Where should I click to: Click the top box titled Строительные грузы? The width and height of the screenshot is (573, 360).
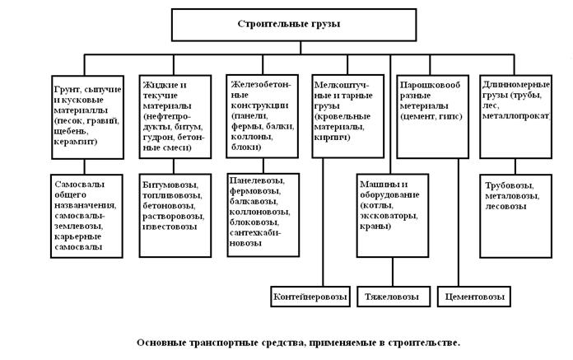[294, 25]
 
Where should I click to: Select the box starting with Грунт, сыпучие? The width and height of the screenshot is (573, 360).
[88, 117]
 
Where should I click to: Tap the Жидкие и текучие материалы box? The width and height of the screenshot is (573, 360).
[175, 117]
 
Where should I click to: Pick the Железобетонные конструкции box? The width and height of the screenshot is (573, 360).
[262, 116]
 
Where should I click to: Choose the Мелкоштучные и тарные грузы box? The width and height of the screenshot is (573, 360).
[348, 116]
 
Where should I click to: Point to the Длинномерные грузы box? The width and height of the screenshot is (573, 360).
[515, 117]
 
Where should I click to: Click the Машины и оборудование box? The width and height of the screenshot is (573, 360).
[393, 216]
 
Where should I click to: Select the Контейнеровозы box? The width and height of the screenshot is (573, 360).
[310, 297]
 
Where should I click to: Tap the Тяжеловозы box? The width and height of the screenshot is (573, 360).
[394, 297]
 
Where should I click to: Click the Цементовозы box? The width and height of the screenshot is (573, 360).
[474, 297]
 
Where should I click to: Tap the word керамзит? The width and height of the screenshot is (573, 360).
[76, 142]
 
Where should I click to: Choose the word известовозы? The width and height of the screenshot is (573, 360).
[170, 227]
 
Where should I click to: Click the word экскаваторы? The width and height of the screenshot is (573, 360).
[389, 216]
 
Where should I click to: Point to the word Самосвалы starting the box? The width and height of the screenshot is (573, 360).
[80, 185]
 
